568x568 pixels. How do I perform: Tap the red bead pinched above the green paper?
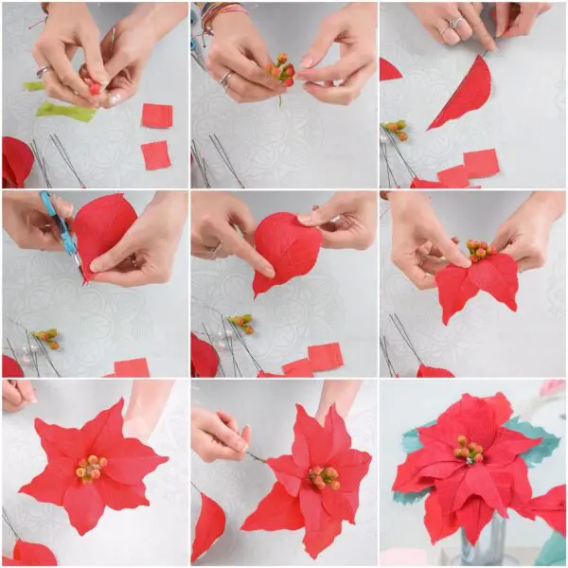(95, 87)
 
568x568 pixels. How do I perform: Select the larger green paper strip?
(66, 112)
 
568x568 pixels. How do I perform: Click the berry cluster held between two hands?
(282, 70)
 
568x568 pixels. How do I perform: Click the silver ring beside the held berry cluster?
(226, 80)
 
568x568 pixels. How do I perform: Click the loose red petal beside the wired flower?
(208, 525)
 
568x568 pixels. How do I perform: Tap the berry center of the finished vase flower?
(467, 450)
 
